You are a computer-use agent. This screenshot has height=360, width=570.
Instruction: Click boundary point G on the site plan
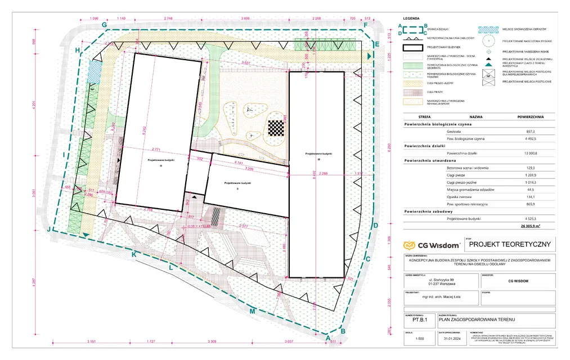(x=104, y=25)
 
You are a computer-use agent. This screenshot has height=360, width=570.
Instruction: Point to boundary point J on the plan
(x=49, y=229)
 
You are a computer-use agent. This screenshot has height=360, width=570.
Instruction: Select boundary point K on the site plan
(x=134, y=255)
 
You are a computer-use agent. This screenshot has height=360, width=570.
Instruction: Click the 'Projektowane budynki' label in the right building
(x=318, y=154)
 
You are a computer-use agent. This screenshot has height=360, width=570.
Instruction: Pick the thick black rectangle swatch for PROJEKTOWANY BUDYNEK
(x=412, y=48)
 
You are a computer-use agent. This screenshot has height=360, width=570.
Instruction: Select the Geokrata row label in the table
(x=454, y=131)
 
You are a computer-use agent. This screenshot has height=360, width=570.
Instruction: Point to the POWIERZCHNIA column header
(x=530, y=116)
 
